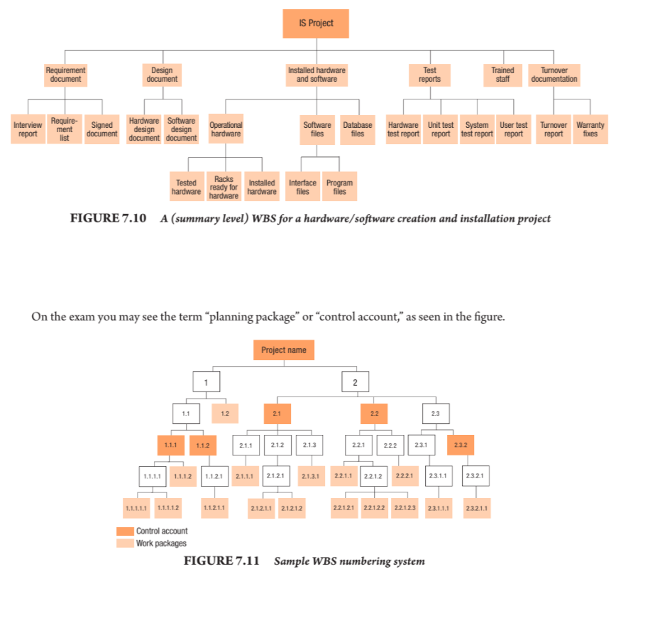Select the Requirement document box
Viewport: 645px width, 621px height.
[65, 75]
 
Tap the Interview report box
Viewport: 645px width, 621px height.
[28, 129]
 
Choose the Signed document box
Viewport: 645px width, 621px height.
[101, 129]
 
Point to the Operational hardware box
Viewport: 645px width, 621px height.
[226, 129]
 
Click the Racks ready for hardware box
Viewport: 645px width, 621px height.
[224, 188]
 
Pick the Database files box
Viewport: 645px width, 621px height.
[358, 129]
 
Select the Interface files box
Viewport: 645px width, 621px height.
[302, 188]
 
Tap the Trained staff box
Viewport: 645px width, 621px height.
[502, 75]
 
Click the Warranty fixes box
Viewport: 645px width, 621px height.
[590, 129]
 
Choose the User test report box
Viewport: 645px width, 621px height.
[513, 129]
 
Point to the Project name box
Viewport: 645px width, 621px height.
[283, 350]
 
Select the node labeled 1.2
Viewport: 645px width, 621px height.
[225, 413]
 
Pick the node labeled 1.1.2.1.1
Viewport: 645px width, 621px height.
[214, 509]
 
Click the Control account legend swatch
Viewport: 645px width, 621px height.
[125, 531]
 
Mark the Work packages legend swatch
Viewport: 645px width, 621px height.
[125, 544]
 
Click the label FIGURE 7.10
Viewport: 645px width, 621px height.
[108, 219]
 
